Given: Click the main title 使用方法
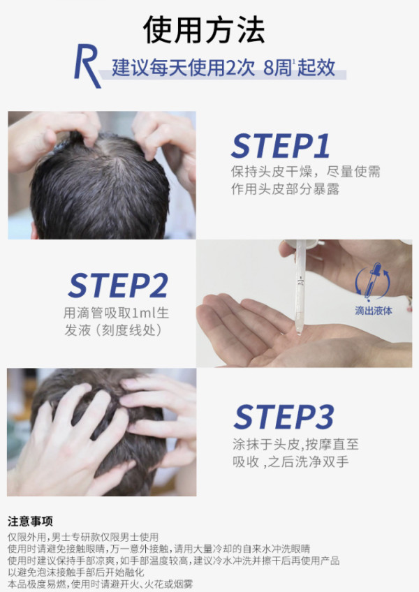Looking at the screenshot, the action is click(204, 30).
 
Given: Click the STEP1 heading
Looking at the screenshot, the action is click(280, 146).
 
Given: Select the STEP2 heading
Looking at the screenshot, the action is click(118, 286).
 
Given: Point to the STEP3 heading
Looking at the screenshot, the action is click(284, 417).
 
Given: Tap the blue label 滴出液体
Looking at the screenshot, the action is click(374, 311).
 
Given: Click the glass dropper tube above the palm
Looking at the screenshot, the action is click(300, 287).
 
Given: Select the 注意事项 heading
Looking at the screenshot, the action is click(30, 521).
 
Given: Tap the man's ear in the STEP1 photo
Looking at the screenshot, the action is click(34, 230).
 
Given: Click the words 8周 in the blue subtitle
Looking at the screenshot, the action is click(278, 68).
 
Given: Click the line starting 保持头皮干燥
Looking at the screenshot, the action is click(306, 172).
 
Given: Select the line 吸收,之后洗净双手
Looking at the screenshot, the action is click(291, 461).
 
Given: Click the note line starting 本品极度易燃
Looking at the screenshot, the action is click(100, 584).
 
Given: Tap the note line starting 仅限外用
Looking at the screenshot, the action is click(83, 537).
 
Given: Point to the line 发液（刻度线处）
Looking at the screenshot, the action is click(113, 330).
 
